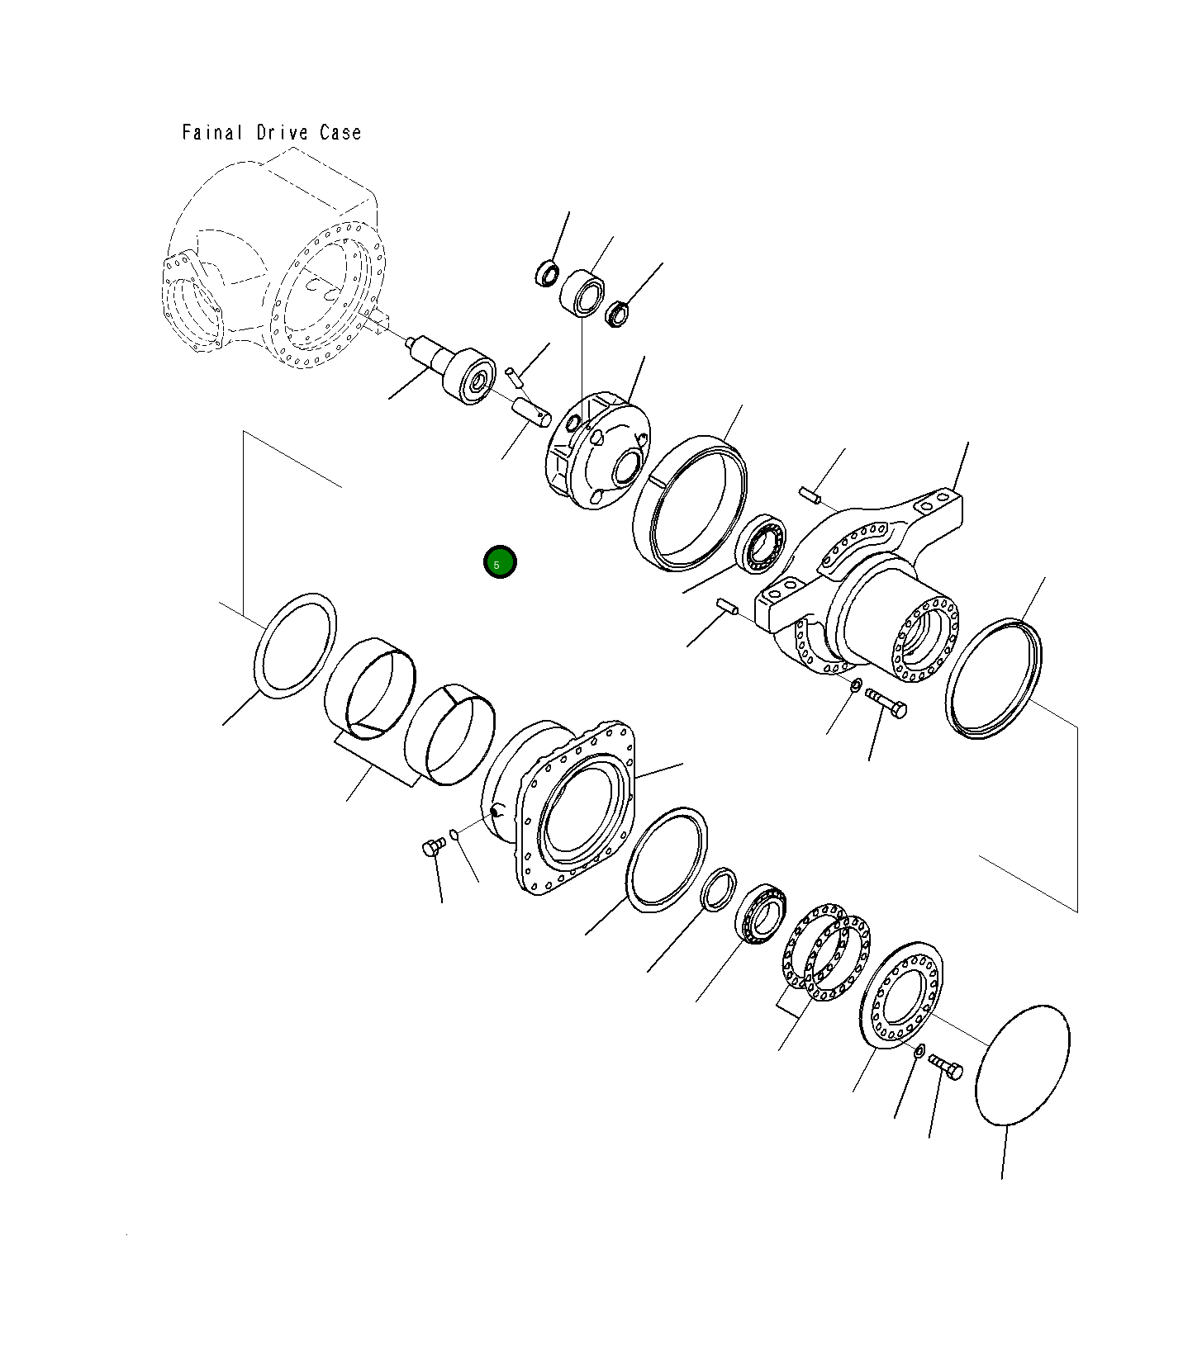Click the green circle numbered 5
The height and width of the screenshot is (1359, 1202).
pyautogui.click(x=500, y=562)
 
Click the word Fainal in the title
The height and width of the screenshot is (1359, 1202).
pyautogui.click(x=212, y=132)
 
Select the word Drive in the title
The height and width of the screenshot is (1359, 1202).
pyautogui.click(x=282, y=132)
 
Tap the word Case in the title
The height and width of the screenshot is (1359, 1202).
pyautogui.click(x=340, y=132)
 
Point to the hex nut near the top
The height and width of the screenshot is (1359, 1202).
pyautogui.click(x=617, y=314)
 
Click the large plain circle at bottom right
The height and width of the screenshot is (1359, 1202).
pyautogui.click(x=1023, y=1064)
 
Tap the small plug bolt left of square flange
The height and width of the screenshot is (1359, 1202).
pyautogui.click(x=434, y=846)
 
